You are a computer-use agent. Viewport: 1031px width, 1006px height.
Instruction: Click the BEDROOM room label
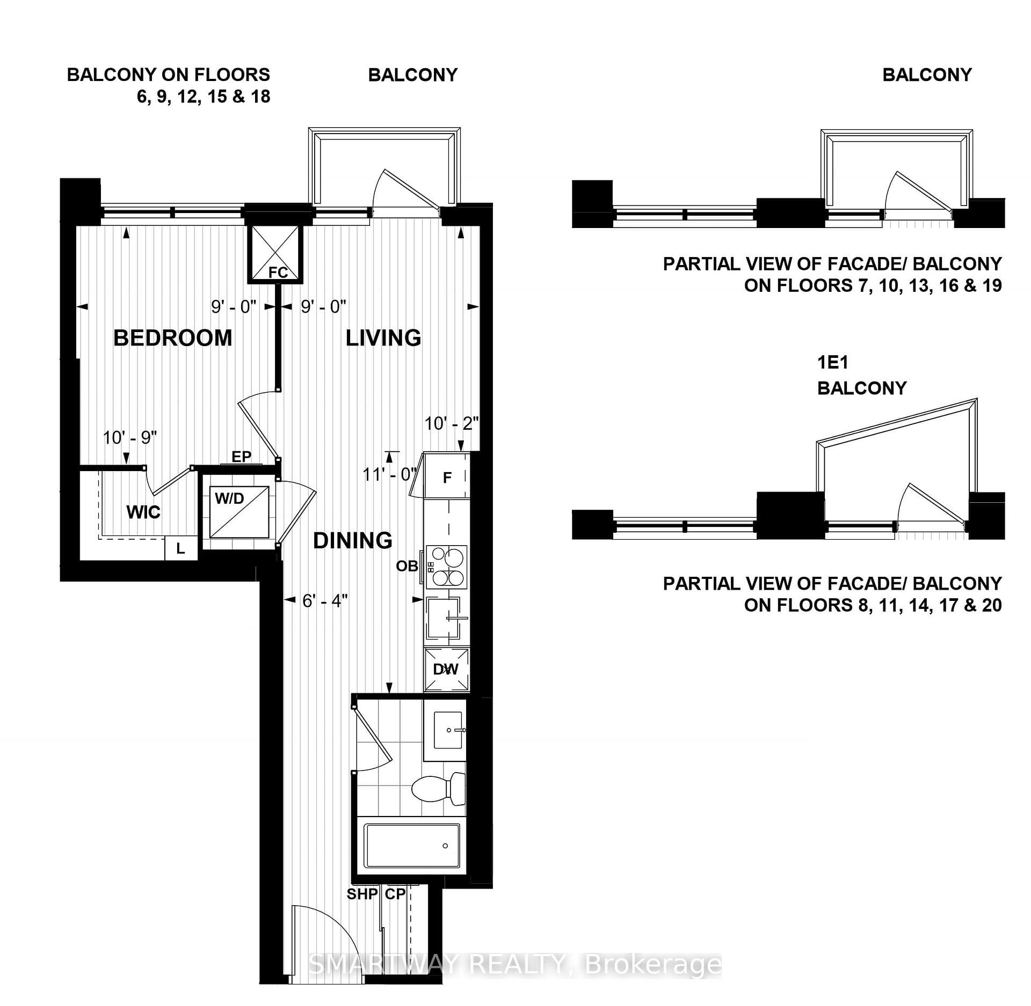point(173,338)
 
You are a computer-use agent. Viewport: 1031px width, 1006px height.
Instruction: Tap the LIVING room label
point(383,338)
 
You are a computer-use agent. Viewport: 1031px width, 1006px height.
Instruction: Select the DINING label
point(353,540)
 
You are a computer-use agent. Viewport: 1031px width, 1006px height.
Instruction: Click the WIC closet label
point(143,512)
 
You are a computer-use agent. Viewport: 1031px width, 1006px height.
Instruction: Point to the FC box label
point(278,273)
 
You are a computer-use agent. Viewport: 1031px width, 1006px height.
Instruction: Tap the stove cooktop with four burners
point(447,567)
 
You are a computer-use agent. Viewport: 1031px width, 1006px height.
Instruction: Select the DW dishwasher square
point(447,669)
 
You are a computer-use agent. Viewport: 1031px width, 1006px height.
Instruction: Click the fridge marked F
point(447,476)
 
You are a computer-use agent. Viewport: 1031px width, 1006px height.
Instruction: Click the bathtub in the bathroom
point(412,846)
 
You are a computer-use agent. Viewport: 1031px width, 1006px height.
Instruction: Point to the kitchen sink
point(444,618)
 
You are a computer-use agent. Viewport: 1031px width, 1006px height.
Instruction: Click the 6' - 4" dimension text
point(325,600)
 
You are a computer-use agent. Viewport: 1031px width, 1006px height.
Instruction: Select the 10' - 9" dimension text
point(130,438)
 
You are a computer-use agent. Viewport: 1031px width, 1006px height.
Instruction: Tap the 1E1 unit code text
point(833,363)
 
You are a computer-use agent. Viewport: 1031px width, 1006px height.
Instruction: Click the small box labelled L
point(181,548)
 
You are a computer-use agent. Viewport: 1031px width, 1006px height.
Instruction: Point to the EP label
point(242,457)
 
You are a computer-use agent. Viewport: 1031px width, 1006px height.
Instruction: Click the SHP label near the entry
point(362,894)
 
